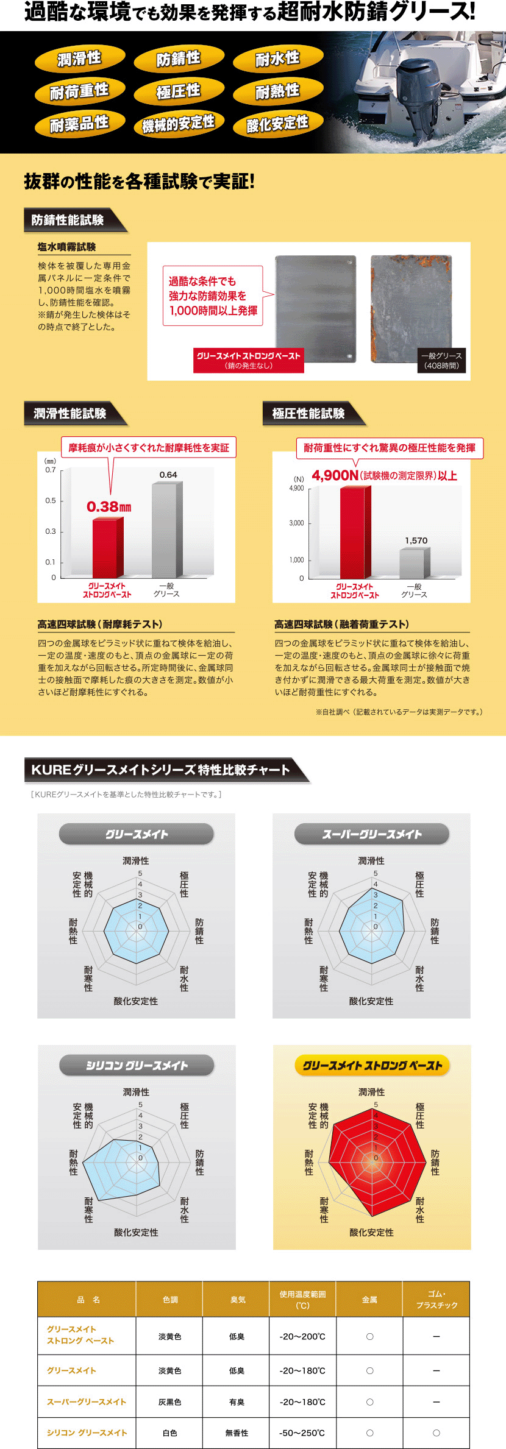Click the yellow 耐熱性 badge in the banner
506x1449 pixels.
click(x=277, y=91)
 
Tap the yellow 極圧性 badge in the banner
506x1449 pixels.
click(x=178, y=91)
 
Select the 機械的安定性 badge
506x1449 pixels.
click(x=178, y=124)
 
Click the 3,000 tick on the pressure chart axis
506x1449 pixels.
click(x=297, y=523)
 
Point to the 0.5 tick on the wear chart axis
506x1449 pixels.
click(x=51, y=501)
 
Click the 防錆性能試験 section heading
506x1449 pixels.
click(x=68, y=220)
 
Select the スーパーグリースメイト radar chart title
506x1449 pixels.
click(x=371, y=834)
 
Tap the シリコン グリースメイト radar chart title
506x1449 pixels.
click(x=137, y=1065)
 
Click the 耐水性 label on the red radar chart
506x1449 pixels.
click(x=420, y=1210)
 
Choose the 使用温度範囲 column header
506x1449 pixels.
click(x=302, y=1299)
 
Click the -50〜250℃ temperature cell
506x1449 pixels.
click(x=302, y=1433)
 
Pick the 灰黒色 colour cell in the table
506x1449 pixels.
click(x=169, y=1402)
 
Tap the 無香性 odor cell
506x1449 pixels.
click(x=237, y=1433)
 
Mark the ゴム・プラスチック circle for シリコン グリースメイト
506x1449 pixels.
click(x=437, y=1433)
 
